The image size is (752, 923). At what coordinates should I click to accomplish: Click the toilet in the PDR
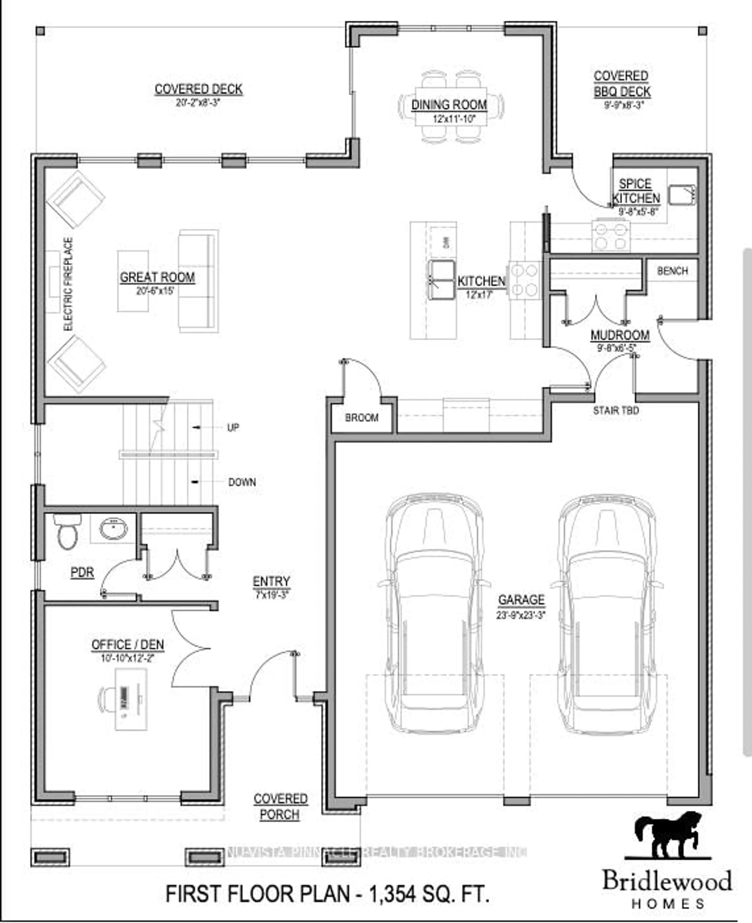click(67, 532)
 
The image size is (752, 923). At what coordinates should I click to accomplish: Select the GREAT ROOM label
click(157, 277)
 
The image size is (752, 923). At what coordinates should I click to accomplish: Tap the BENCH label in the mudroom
click(672, 271)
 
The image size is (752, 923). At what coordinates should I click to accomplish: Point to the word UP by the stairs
click(233, 427)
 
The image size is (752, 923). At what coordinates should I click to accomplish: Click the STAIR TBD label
click(616, 410)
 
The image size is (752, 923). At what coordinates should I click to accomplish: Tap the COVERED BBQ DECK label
click(622, 84)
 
